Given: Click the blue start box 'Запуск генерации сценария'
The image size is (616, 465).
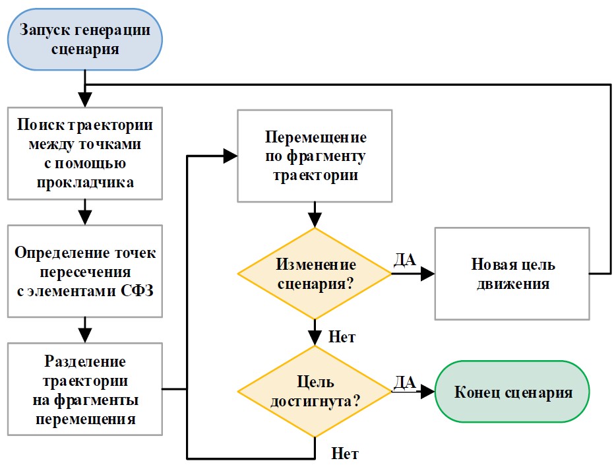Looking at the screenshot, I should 85,40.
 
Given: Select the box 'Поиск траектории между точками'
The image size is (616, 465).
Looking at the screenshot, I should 84,153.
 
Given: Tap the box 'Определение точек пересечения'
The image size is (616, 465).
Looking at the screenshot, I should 84,272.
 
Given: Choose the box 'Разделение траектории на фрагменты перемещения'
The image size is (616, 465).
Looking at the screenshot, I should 85,390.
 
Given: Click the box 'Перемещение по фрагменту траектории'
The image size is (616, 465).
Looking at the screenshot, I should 315,156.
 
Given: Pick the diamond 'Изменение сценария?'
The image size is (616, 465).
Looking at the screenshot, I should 315,274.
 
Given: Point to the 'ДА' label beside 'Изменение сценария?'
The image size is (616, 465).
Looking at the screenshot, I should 404,259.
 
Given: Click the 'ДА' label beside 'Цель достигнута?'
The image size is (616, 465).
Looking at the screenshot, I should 404,381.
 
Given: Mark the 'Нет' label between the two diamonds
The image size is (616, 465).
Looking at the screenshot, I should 342,337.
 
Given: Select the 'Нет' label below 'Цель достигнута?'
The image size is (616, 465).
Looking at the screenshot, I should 344,454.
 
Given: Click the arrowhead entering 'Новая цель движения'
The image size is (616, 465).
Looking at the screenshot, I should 429,274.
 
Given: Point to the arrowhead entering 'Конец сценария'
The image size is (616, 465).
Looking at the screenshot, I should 429,391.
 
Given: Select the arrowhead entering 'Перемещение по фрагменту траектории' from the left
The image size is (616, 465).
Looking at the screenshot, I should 231,156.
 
